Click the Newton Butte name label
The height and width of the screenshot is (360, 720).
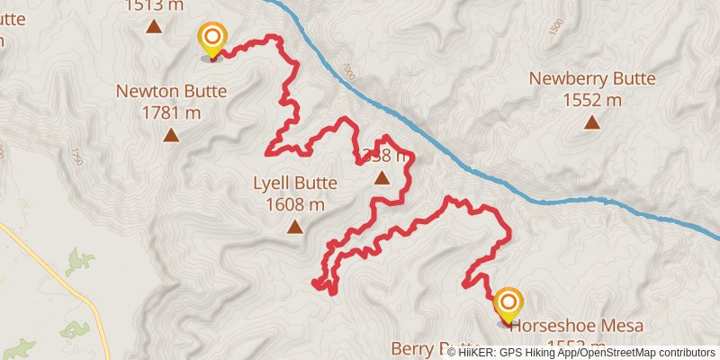[x=171, y=91]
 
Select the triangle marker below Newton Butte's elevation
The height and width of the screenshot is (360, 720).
[x=171, y=136]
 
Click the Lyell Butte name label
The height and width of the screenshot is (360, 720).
[x=295, y=184]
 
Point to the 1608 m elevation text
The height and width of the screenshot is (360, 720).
[x=295, y=204]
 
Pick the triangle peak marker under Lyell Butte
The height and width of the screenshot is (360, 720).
[x=295, y=227]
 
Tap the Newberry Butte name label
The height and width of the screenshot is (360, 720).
[x=592, y=78]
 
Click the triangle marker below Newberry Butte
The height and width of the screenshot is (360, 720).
[x=592, y=122]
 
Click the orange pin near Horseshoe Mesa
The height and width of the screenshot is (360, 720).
[x=508, y=303]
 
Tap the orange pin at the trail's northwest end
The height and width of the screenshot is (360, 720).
[x=212, y=38]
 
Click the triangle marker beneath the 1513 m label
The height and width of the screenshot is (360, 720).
[x=155, y=26]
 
